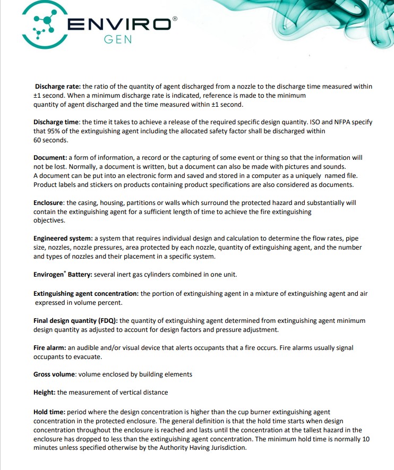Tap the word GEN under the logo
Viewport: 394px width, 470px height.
117,40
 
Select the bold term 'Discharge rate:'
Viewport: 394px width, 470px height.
58,86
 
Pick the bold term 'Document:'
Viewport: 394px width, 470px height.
50,158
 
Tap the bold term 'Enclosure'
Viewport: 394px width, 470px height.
49,202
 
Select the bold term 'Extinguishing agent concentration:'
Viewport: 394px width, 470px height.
86,293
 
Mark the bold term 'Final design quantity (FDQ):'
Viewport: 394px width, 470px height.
76,321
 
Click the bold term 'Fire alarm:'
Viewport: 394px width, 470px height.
49,347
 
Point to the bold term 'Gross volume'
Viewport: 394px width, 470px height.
55,374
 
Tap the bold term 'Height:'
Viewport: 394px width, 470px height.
45,392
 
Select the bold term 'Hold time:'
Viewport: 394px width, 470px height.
50,412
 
